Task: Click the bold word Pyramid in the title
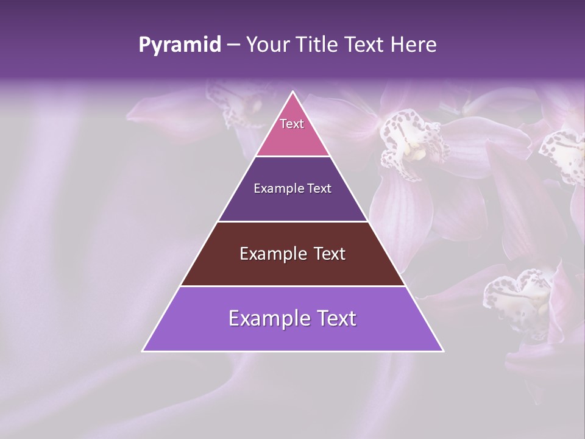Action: [x=179, y=45]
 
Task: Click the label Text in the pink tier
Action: [x=292, y=124]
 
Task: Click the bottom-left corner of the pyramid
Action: [x=143, y=351]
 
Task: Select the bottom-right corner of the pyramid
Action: [x=443, y=351]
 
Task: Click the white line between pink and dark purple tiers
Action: [x=292, y=156]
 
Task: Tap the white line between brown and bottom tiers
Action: [x=292, y=286]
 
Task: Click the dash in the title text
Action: [x=233, y=45]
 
